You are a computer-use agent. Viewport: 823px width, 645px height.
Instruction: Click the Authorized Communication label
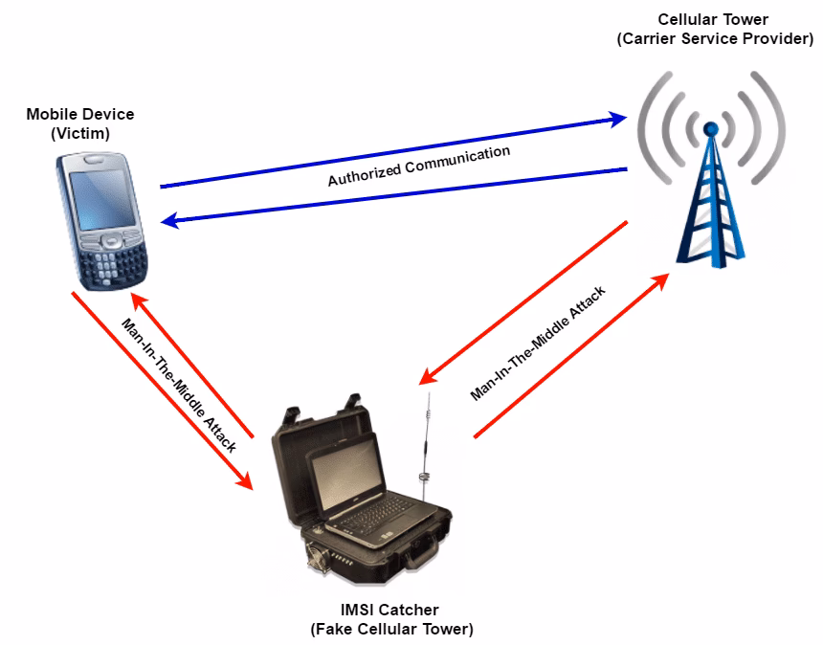click(418, 166)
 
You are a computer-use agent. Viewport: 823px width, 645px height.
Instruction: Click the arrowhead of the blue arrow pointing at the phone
click(170, 222)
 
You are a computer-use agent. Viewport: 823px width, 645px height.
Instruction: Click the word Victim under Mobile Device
click(80, 133)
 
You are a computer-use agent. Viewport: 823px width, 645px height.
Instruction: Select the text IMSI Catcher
click(390, 610)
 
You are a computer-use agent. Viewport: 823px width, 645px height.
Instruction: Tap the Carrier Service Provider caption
click(715, 39)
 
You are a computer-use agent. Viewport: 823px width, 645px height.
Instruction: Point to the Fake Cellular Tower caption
click(390, 629)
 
